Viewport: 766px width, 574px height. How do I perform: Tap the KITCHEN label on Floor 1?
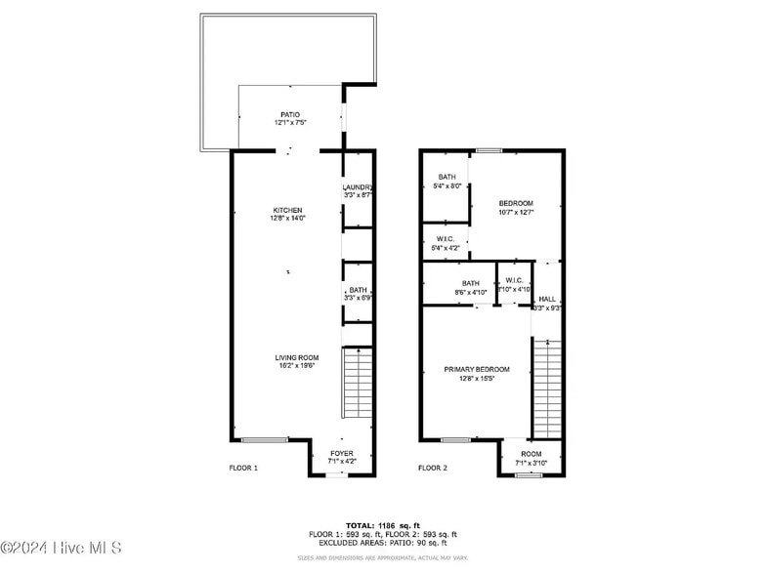[287, 210]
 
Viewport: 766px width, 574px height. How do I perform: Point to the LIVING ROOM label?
[296, 357]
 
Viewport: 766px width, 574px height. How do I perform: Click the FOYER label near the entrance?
[342, 453]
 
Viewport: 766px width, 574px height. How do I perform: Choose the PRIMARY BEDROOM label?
[477, 369]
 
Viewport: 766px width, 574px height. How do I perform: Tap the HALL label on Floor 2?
[547, 299]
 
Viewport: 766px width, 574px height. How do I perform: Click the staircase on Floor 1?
[359, 383]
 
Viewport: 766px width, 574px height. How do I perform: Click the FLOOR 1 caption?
[243, 469]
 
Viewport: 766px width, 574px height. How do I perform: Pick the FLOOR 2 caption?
[432, 469]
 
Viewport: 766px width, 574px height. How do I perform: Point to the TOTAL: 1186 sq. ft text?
[383, 525]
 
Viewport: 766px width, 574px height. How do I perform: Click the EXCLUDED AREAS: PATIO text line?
[383, 543]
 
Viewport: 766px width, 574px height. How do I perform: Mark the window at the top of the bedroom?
[489, 150]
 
